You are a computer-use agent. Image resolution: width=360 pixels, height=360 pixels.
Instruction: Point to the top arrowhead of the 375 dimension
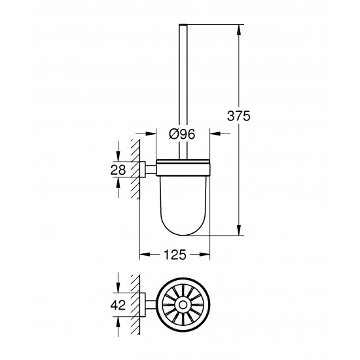click(238, 26)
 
